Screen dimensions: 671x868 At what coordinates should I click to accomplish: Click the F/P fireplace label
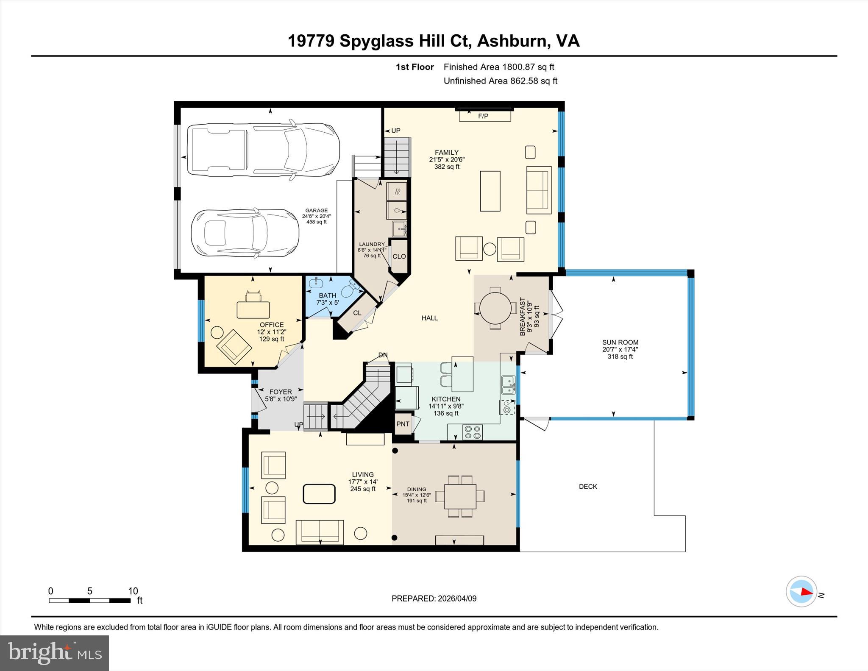(483, 116)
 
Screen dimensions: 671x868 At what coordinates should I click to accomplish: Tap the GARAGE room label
(317, 210)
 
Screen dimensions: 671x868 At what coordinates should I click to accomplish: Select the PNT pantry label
(403, 424)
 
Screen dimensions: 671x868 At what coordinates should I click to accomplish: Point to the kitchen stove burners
(472, 432)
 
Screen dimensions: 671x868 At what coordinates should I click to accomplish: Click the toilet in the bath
(350, 290)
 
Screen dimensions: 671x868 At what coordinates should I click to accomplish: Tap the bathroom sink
(316, 283)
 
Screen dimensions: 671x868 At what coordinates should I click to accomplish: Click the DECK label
(588, 487)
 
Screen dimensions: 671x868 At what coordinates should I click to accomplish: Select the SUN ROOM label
(620, 342)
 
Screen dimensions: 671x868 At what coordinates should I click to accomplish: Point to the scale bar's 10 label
(133, 591)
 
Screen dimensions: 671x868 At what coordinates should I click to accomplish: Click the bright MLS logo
(54, 653)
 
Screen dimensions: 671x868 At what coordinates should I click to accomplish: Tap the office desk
(253, 309)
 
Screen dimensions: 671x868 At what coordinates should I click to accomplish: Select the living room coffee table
(319, 494)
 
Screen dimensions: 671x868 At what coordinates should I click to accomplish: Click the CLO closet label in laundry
(399, 256)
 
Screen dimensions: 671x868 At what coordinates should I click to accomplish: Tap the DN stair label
(383, 355)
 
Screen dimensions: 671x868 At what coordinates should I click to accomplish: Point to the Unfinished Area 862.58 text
(500, 81)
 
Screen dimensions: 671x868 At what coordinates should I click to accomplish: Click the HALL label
(429, 318)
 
